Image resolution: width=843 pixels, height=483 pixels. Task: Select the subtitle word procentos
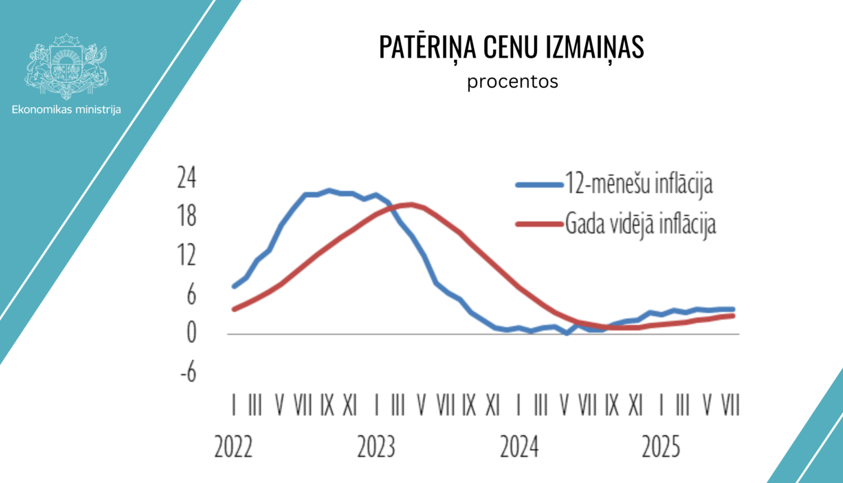point(513,81)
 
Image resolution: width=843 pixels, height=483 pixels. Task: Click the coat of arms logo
point(66,66)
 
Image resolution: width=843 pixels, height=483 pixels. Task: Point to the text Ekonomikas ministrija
point(66,110)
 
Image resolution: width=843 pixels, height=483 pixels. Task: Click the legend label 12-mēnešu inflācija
point(638,184)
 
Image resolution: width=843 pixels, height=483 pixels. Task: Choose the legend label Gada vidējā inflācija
point(640,224)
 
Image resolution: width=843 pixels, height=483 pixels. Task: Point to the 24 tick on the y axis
point(187,178)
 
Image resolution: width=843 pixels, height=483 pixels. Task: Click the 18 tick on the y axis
point(187,216)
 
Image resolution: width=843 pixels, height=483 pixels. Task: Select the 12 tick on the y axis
point(187,256)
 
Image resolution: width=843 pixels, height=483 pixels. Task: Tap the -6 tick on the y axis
point(188,371)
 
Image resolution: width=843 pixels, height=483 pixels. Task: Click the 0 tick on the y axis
point(191,333)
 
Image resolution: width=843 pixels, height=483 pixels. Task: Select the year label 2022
point(233,448)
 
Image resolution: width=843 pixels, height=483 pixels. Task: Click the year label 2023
point(376,448)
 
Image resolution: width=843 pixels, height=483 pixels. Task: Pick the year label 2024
point(519,448)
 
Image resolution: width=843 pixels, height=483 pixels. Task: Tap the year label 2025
point(661,448)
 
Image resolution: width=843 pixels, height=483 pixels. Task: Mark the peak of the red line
point(410,204)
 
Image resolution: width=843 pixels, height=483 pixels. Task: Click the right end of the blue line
point(733,309)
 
